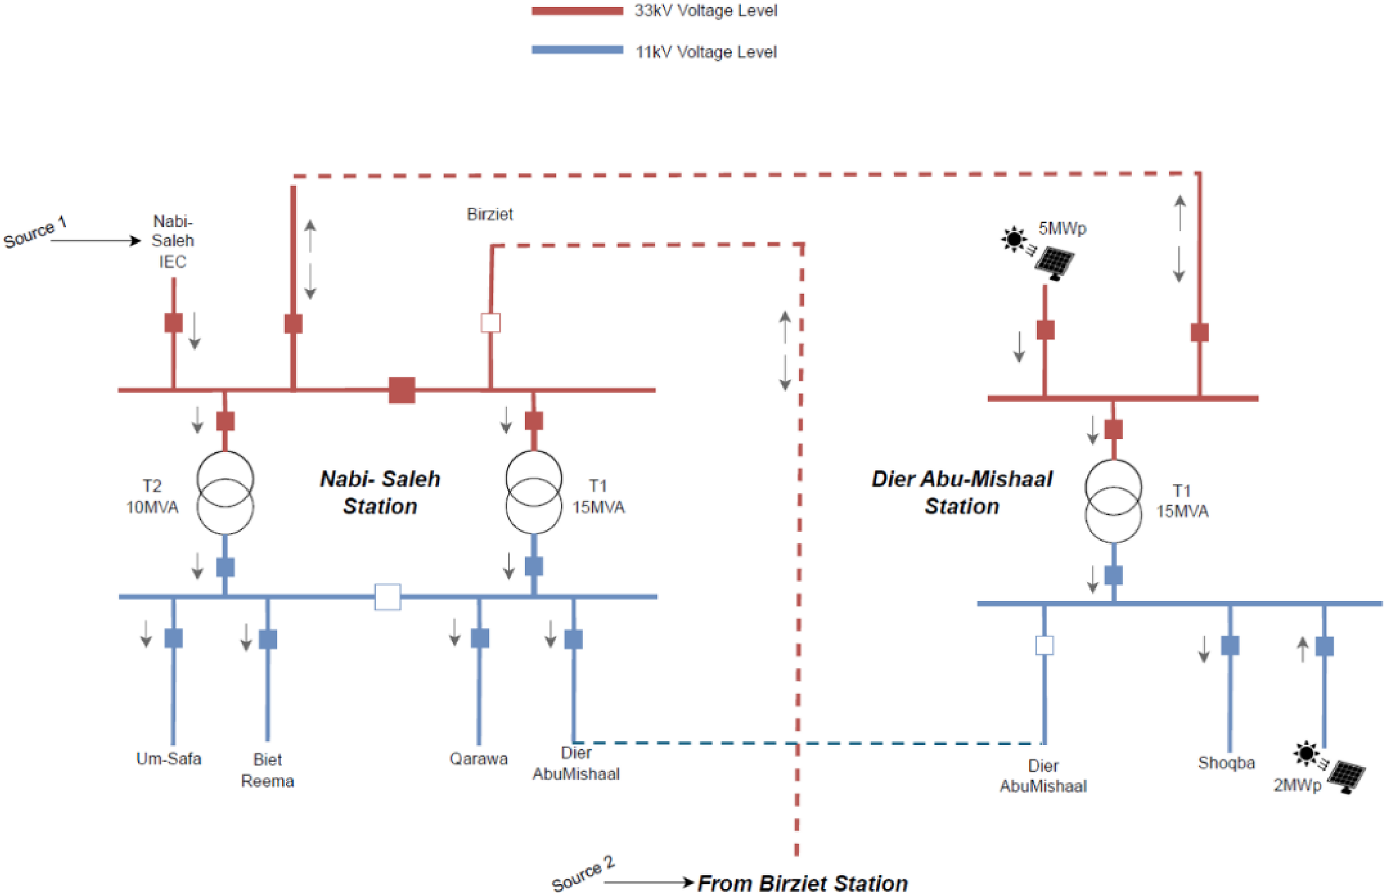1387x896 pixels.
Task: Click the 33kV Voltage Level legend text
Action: click(705, 10)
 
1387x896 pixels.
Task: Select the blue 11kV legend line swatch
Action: click(577, 50)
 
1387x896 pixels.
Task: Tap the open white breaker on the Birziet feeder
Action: click(491, 323)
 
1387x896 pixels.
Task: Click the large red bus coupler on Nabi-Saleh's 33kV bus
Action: click(402, 390)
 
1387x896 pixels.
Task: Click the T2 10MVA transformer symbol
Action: click(225, 492)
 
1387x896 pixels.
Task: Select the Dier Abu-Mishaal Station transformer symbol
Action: click(1113, 501)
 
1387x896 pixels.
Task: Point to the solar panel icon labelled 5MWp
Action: click(1054, 264)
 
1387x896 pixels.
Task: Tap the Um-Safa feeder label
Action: click(169, 759)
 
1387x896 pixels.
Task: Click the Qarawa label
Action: click(479, 759)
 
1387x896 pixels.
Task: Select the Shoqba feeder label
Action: click(1226, 763)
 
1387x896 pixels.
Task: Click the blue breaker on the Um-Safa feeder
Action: click(173, 638)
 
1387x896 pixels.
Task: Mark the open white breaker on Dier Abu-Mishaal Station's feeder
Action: click(1044, 645)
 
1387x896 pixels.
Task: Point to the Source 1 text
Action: click(35, 232)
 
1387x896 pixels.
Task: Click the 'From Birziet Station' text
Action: click(803, 883)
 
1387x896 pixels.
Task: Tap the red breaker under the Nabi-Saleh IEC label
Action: click(173, 322)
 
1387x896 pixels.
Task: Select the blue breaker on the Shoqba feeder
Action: click(1230, 645)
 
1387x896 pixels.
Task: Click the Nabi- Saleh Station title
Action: click(380, 492)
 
